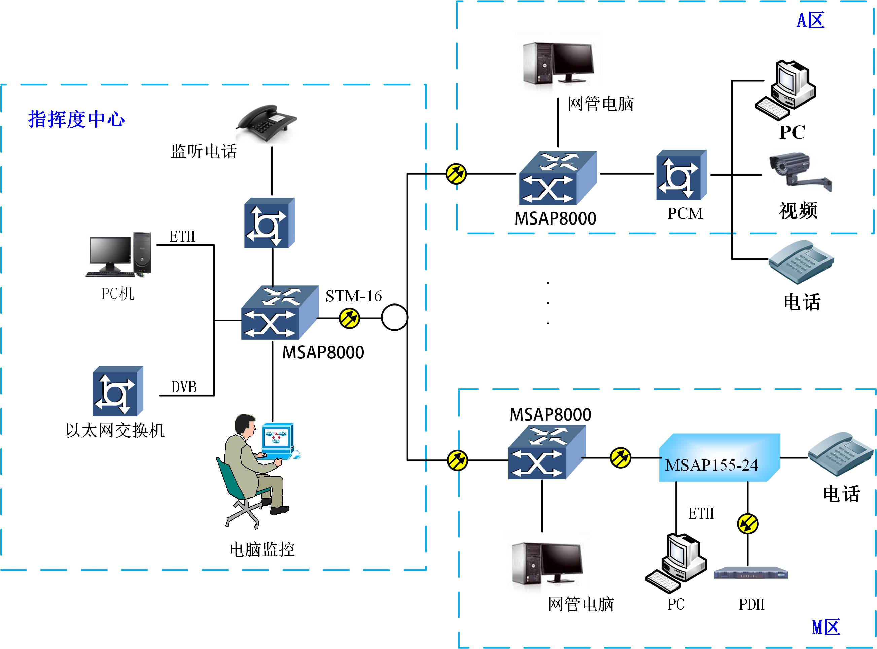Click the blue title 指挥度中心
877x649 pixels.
pos(76,119)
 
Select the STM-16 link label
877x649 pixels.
pos(353,296)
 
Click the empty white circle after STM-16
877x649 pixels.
pos(394,317)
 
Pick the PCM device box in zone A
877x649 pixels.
pos(681,175)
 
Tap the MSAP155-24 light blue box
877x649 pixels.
pos(719,458)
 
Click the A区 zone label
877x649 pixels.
pos(810,20)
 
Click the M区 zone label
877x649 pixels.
pos(826,627)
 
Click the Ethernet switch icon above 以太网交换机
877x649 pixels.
pos(117,391)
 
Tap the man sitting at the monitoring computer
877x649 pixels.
pos(252,468)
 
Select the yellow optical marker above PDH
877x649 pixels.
pos(747,524)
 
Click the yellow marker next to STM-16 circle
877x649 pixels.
pos(349,318)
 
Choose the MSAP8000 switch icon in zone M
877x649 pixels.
pos(547,453)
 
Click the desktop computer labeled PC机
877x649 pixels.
pos(119,254)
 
